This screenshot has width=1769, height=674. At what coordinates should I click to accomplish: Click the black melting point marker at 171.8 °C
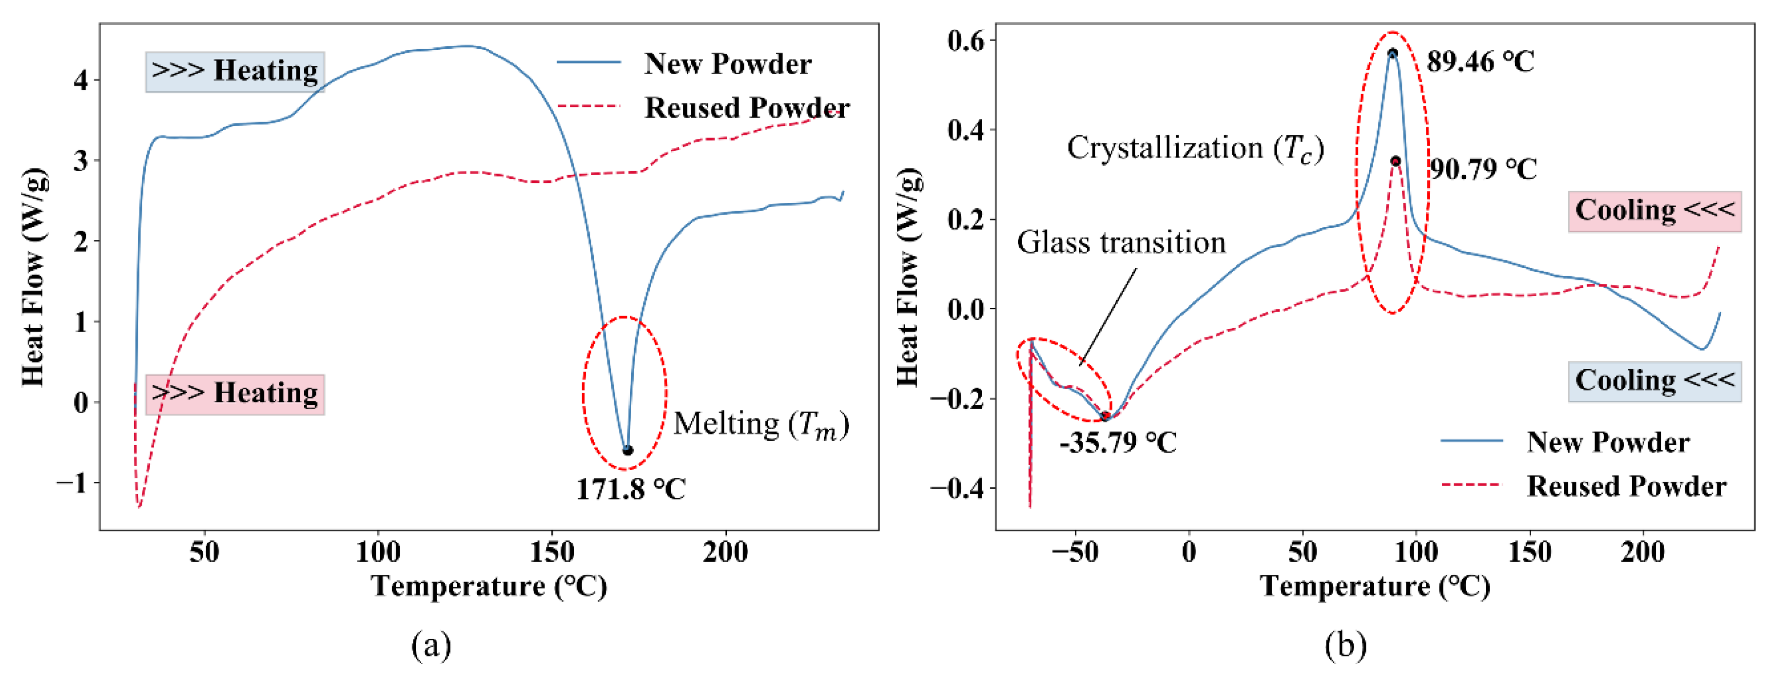click(627, 451)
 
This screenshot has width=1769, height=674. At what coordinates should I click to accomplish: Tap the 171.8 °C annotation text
click(630, 489)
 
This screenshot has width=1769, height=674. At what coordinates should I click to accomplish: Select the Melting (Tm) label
click(761, 425)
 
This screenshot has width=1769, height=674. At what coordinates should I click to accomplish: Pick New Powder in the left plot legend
click(726, 64)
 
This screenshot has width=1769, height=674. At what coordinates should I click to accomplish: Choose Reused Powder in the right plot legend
click(1626, 486)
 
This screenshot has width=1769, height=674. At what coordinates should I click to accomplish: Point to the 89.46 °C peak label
click(1480, 62)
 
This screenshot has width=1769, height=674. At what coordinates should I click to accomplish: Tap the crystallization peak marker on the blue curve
click(1392, 53)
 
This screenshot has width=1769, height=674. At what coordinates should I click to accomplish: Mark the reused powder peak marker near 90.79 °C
click(1396, 161)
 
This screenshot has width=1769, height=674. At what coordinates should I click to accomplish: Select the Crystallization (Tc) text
click(1195, 148)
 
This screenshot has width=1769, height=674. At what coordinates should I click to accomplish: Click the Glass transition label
click(1121, 242)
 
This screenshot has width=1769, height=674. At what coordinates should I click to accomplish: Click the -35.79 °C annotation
click(1118, 442)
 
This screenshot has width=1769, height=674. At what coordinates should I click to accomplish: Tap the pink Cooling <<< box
click(1654, 211)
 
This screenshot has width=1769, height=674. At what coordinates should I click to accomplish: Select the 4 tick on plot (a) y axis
click(81, 80)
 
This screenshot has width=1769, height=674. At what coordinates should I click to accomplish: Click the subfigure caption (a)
click(431, 645)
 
